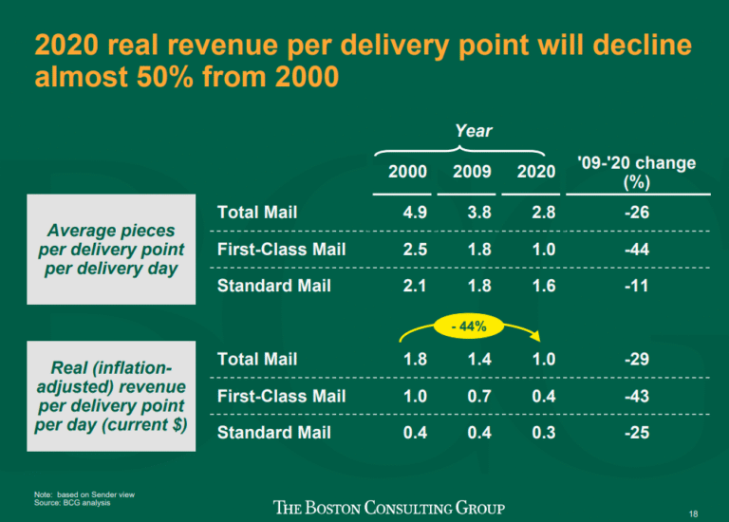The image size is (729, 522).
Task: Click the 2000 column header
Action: click(407, 172)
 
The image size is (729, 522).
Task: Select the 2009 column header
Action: click(472, 172)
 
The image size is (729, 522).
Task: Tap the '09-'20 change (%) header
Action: click(636, 172)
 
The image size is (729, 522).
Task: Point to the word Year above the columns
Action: click(472, 130)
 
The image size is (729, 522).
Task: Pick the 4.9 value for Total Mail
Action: click(415, 213)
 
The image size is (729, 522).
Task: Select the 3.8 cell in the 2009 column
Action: click(478, 213)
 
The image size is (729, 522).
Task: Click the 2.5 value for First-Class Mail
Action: click(415, 250)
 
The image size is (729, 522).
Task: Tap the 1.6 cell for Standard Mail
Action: click(543, 286)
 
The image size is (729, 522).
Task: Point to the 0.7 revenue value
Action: click(478, 396)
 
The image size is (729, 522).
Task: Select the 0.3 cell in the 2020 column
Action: click(543, 432)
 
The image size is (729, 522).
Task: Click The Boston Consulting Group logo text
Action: click(389, 508)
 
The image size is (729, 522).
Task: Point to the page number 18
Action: click(694, 513)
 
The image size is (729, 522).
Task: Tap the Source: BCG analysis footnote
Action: click(71, 503)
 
